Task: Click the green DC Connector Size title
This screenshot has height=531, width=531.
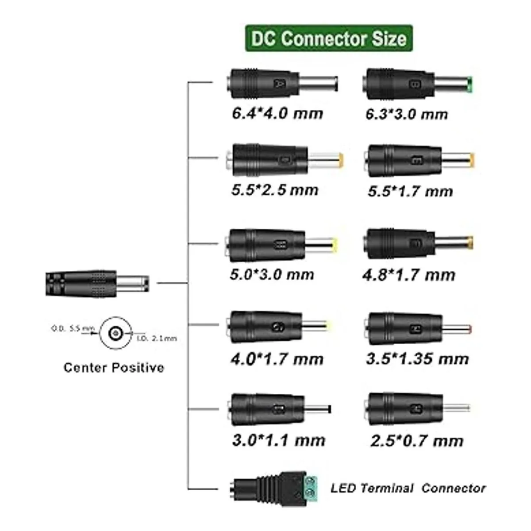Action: [329, 38]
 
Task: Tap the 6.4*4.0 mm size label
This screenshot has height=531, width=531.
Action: [277, 113]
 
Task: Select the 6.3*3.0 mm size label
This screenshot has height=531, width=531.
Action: [407, 114]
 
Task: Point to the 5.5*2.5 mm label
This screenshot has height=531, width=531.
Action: [275, 190]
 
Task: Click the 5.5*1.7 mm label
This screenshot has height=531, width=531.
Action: [410, 191]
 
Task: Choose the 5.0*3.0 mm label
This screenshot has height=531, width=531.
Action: [272, 274]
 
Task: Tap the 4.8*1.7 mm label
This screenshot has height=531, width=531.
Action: [408, 275]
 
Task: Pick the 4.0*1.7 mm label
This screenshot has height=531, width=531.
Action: [277, 358]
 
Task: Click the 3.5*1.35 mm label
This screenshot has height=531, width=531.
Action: [417, 358]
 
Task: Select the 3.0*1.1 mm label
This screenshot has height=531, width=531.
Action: [278, 440]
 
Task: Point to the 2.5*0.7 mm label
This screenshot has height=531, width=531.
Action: [417, 441]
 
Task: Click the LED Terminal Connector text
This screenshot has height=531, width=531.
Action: [408, 488]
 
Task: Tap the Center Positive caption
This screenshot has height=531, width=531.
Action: [114, 367]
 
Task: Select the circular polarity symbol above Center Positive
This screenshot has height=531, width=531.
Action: [115, 332]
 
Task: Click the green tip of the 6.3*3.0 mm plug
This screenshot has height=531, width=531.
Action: [472, 84]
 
